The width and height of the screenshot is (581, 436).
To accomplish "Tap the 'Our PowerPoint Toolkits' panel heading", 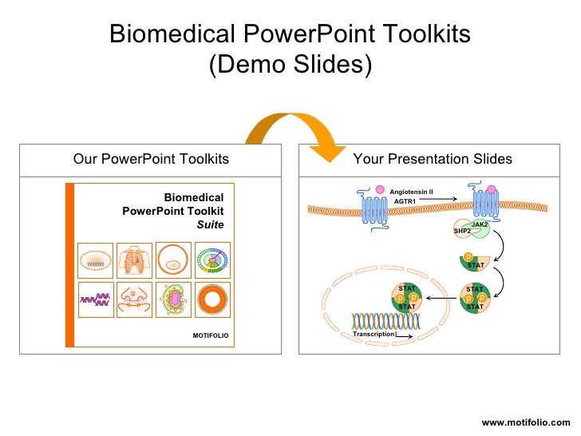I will pos(151,159).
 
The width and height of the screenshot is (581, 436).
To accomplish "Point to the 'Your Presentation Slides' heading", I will pos(433,159).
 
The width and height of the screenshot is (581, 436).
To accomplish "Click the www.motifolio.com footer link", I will pos(526,422).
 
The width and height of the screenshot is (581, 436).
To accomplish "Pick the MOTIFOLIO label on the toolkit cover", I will pos(210,335).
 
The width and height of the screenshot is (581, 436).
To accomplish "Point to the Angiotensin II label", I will pos(411,192).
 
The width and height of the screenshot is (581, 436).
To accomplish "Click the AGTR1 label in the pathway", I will pos(405,201).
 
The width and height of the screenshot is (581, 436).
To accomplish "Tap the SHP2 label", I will pos(462,231).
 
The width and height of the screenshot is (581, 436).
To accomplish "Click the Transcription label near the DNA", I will pos(373,334).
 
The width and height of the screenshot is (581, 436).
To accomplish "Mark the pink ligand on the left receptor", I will pos(380,191).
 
